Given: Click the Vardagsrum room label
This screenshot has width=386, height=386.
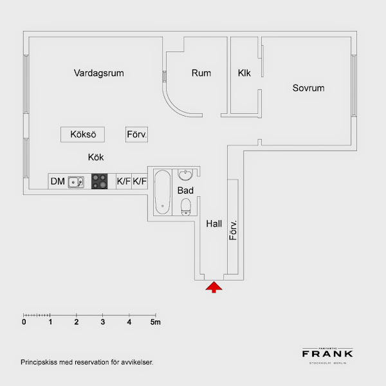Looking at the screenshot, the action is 98,73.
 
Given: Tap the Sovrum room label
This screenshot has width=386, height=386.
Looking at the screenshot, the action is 308,88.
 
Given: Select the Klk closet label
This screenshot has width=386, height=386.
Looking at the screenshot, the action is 244,73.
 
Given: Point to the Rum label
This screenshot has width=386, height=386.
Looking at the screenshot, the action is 201,73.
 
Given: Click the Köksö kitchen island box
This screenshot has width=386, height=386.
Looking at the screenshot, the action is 83,134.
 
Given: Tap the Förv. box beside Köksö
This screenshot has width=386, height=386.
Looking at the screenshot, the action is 137,134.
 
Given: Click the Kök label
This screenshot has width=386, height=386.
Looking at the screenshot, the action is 96,157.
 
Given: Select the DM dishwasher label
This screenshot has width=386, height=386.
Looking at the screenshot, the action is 58,181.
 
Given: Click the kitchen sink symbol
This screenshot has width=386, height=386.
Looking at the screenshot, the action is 77,182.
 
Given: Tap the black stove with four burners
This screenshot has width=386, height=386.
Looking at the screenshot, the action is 99,182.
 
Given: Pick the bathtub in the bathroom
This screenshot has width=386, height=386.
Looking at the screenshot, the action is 161,191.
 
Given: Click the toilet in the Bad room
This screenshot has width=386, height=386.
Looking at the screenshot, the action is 186,207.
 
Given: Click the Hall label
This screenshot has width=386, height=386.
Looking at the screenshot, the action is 214,224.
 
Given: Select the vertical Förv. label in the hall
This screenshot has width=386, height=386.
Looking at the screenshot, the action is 234,230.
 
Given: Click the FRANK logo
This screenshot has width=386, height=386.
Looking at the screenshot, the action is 327,353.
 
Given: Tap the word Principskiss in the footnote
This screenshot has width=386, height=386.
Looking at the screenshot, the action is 38,362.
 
